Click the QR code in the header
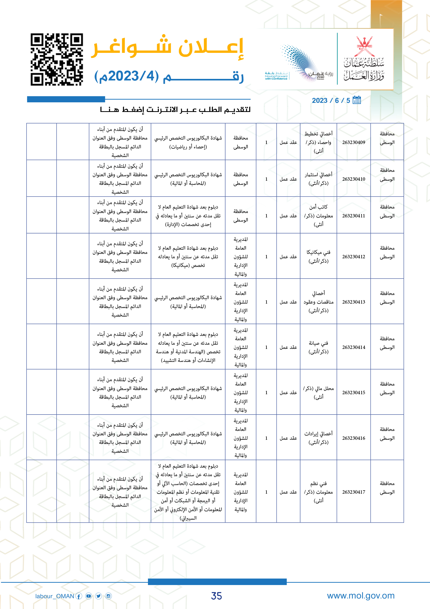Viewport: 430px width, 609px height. [57, 59]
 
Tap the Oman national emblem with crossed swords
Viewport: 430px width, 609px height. [364, 46]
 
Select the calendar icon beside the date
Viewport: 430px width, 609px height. [357, 100]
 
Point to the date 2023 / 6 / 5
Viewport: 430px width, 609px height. [331, 101]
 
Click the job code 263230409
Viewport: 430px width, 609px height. [354, 142]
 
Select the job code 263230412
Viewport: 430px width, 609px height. [354, 257]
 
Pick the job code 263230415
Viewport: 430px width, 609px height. [354, 393]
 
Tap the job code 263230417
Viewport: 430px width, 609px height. [354, 492]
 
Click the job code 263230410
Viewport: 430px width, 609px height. [354, 179]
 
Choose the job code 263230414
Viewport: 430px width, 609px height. [354, 347]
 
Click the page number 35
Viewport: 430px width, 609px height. [216, 596]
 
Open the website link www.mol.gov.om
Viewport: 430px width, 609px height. [361, 596]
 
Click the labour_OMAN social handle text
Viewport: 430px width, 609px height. [55, 596]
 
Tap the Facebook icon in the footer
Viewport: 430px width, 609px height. [79, 596]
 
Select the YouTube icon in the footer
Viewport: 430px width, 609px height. [89, 596]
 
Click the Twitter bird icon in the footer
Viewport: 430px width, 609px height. [99, 596]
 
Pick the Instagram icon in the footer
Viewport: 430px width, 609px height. [109, 596]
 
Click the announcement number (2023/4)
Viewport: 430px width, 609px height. [127, 76]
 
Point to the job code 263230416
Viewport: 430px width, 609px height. [354, 438]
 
